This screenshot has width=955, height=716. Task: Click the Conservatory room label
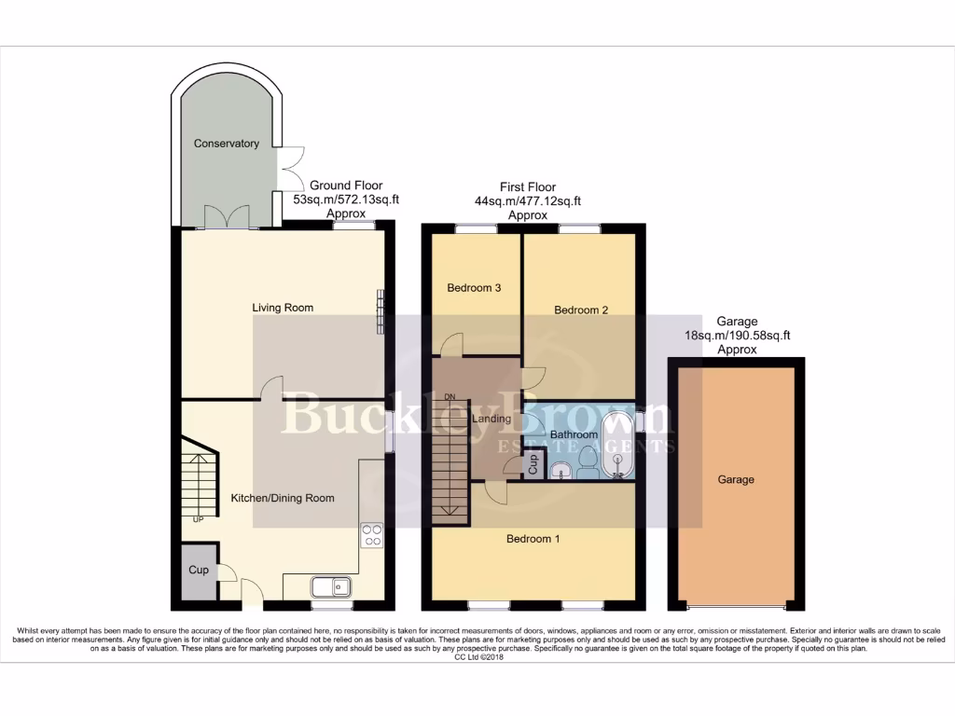pos(226,144)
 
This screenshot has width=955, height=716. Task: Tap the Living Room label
pos(283,308)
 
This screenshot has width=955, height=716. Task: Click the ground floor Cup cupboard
pos(199,571)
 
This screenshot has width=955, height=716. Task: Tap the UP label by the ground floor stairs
pos(198,519)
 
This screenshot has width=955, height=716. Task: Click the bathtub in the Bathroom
pos(616,447)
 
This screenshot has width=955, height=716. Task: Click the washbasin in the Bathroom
pos(561,470)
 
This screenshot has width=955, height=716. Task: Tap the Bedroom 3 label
pos(474,288)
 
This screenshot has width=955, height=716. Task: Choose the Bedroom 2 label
pos(581,310)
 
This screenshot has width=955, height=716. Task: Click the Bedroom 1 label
pos(533,539)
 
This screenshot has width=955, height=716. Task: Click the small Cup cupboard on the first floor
pos(533,464)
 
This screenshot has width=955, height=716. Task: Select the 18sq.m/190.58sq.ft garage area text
pos(737,336)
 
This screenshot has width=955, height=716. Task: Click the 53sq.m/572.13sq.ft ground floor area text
pos(346,200)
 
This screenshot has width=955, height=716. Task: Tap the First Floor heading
pos(527,187)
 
